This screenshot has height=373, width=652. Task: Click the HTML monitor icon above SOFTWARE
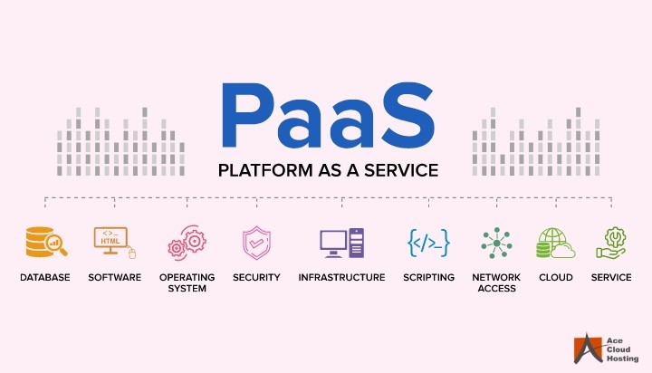pyautogui.click(x=114, y=242)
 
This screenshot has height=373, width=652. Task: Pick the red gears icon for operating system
pyautogui.click(x=187, y=243)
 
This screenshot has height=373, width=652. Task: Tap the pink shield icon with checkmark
pyautogui.click(x=255, y=243)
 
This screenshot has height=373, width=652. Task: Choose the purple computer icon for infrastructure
pyautogui.click(x=341, y=243)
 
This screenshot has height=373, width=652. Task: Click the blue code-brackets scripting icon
pyautogui.click(x=428, y=243)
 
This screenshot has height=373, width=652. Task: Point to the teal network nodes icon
pyautogui.click(x=495, y=243)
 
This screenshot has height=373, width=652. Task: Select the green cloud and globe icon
pyautogui.click(x=555, y=243)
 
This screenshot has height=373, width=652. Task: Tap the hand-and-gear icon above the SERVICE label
pyautogui.click(x=611, y=243)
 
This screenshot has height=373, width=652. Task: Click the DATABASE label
pyautogui.click(x=44, y=278)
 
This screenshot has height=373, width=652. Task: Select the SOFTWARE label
pyautogui.click(x=114, y=278)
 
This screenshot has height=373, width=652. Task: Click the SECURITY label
pyautogui.click(x=256, y=278)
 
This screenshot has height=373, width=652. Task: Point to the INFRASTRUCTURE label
pyautogui.click(x=341, y=278)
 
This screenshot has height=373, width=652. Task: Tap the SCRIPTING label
pyautogui.click(x=428, y=278)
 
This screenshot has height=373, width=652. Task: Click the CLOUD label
pyautogui.click(x=555, y=278)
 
